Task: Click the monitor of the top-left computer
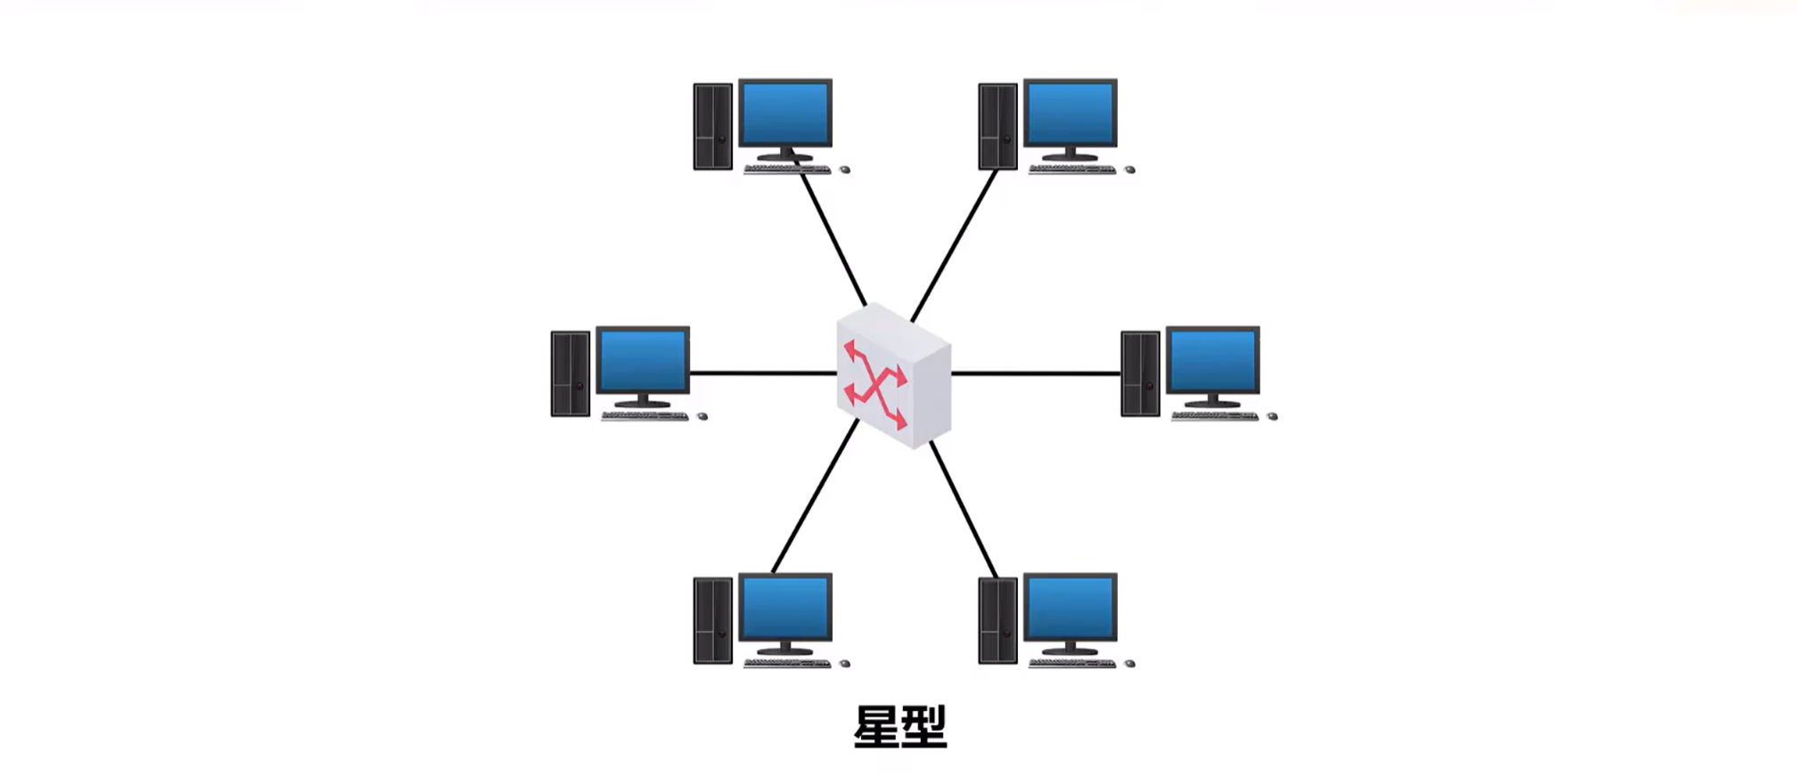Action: (785, 113)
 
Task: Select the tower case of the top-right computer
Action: (997, 126)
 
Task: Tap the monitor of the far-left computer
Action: (643, 360)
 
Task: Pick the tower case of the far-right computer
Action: (1140, 373)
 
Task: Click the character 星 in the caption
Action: (875, 728)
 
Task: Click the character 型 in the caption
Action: (923, 728)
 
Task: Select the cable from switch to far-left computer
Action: (762, 373)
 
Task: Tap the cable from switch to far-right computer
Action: (1034, 373)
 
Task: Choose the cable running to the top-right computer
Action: (954, 245)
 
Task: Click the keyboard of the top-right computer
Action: (1072, 169)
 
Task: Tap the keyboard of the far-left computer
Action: (644, 416)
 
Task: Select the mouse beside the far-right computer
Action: (1272, 416)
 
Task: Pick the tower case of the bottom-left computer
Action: (712, 620)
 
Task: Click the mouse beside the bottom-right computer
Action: (1129, 664)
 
